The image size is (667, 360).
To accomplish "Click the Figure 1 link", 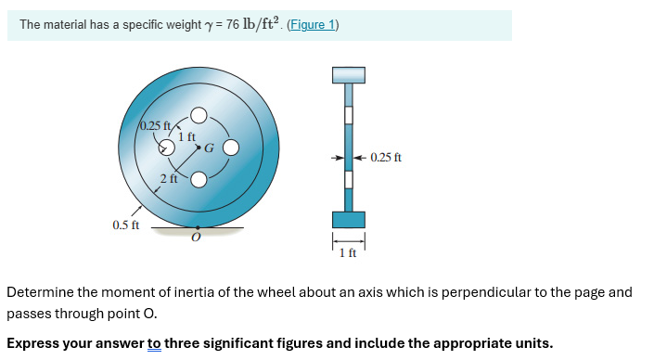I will click(x=314, y=25).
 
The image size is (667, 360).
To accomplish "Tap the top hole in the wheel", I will click(x=199, y=115).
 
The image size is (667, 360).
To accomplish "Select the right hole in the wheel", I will click(x=231, y=147).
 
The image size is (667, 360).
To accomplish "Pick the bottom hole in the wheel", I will click(x=199, y=179).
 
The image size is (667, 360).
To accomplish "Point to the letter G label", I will click(x=209, y=148).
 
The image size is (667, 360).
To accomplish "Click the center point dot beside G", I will click(x=199, y=147).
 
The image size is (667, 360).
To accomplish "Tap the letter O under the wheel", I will click(x=195, y=238).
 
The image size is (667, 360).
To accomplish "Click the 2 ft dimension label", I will click(x=168, y=177).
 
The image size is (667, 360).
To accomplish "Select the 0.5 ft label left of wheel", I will click(x=125, y=225).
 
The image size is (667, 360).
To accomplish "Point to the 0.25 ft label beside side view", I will click(x=385, y=157).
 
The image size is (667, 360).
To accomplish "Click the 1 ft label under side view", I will click(x=348, y=253).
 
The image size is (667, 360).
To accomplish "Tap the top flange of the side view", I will click(x=349, y=74).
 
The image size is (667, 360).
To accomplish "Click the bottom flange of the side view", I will click(x=349, y=219).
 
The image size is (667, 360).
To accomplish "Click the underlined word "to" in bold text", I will click(x=154, y=343).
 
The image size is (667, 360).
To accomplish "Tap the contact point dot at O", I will click(x=197, y=226).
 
